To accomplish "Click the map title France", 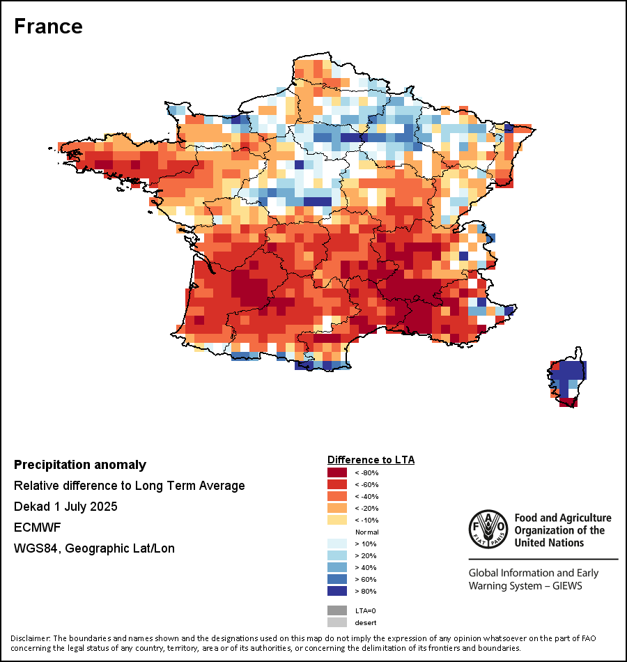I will [48, 26].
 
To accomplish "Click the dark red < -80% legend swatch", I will [336, 472].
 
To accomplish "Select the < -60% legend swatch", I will [336, 484].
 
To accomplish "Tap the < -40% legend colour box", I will [336, 496].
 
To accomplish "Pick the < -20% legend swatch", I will [336, 508].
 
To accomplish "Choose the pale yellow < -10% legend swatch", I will [336, 520].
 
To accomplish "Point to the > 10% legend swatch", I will [336, 544].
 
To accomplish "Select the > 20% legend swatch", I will [336, 555].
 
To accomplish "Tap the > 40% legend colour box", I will [336, 567].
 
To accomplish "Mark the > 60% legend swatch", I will [336, 579].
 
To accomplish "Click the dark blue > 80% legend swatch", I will [336, 591].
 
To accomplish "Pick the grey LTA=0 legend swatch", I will [336, 610].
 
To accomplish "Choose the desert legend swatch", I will [336, 622].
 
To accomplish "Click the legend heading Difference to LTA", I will [371, 460].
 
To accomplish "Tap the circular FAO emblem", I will [488, 530].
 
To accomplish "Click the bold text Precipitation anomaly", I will [80, 465].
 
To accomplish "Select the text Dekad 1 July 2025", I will [65, 507].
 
